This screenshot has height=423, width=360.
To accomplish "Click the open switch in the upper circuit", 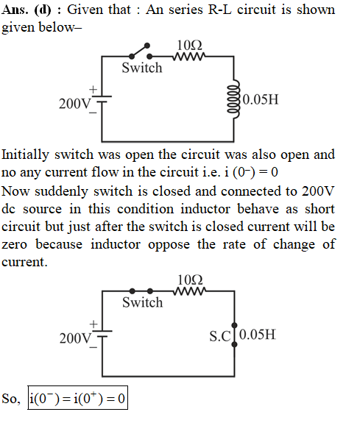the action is click(x=140, y=51).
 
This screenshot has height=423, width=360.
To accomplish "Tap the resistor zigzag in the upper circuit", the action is click(x=189, y=57).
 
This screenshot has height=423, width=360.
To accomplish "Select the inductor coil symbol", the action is click(x=234, y=99).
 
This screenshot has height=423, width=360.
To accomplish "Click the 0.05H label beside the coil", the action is click(x=261, y=99).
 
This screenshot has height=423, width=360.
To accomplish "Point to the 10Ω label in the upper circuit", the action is click(x=189, y=46).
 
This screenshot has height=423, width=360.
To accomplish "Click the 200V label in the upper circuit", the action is click(x=75, y=104).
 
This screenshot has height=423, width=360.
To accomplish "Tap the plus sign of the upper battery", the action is click(x=93, y=89).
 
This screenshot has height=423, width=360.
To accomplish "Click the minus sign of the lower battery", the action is click(x=93, y=347).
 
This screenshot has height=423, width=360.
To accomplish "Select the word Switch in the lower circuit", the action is click(x=143, y=302).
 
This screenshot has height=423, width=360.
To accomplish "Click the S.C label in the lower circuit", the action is click(x=220, y=336).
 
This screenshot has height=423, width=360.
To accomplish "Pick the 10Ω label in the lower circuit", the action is click(x=190, y=280).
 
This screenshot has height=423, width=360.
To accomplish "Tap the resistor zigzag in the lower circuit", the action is click(x=190, y=291).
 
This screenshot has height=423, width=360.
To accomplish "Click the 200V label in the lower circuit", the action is click(x=75, y=338).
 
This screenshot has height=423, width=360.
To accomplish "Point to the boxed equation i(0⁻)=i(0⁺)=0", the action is click(x=78, y=398).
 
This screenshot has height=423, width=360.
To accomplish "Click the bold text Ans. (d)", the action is click(x=27, y=10).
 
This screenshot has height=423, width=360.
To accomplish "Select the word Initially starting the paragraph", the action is click(x=25, y=155).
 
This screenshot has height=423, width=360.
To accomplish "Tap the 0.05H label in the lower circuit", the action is click(x=258, y=335).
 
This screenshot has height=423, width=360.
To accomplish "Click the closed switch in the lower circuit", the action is click(x=141, y=291).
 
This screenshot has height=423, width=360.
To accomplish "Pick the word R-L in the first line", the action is click(x=220, y=10).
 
